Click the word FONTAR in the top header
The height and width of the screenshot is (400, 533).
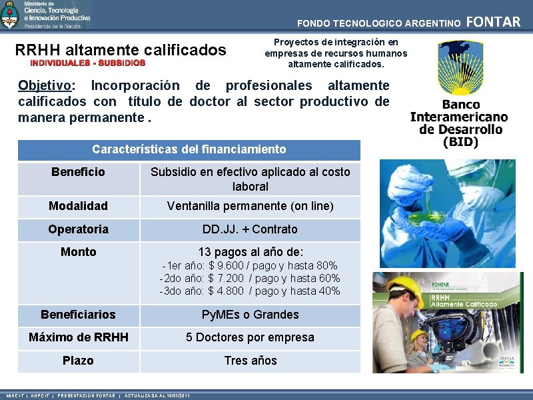click(x=493, y=22)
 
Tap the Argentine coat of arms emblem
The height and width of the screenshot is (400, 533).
click(x=10, y=15)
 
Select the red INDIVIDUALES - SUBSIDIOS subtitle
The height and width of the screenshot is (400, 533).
click(x=88, y=63)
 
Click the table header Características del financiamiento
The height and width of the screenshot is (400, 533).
click(x=189, y=149)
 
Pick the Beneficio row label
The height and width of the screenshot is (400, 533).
click(x=78, y=172)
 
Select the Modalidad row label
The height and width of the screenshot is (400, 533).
click(x=78, y=206)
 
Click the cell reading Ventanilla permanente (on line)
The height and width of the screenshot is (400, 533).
click(x=250, y=206)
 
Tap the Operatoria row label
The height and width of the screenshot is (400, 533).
click(x=78, y=229)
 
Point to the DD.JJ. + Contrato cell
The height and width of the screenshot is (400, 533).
click(x=250, y=229)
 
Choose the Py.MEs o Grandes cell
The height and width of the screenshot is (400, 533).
click(x=250, y=314)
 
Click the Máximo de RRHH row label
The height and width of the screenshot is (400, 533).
click(x=78, y=337)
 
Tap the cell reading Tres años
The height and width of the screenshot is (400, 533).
click(x=250, y=360)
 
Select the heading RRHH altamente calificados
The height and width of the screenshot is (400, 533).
click(x=121, y=50)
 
